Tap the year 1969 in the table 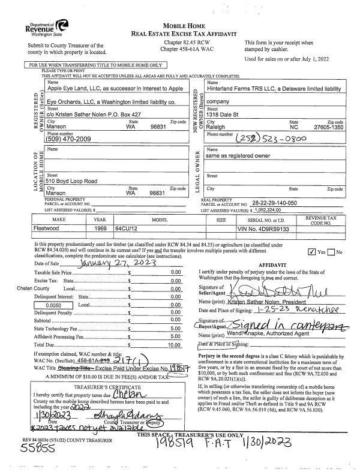click(x=100, y=229)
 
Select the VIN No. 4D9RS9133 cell click(x=260, y=229)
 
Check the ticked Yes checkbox click(x=310, y=252)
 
